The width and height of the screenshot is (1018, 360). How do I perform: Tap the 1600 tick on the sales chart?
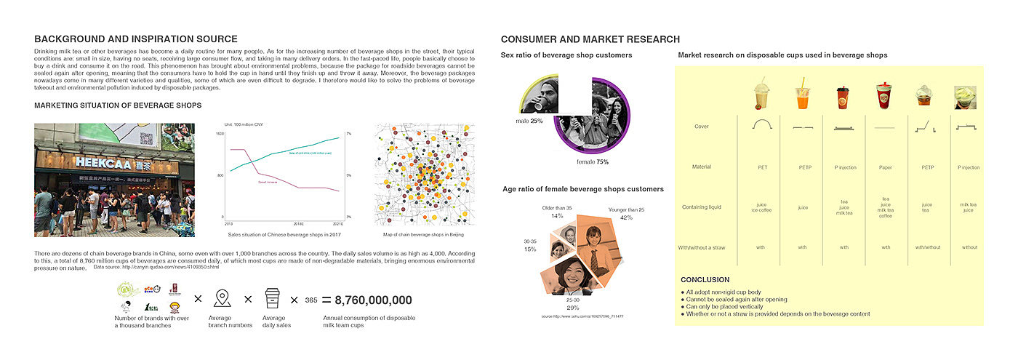220,135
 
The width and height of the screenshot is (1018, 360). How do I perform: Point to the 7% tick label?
348,135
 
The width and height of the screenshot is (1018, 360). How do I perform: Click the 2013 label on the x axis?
228,223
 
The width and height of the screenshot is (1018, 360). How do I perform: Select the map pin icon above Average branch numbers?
223,298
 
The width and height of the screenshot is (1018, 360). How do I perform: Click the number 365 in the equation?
310,300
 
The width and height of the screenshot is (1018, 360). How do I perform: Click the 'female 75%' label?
593,161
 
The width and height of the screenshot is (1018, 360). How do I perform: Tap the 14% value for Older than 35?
557,216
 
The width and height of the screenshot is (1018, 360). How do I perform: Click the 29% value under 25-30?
573,308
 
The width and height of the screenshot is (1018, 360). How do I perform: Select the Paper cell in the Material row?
885,167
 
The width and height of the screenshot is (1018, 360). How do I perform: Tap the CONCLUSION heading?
705,280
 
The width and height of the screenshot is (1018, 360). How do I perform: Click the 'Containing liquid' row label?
702,207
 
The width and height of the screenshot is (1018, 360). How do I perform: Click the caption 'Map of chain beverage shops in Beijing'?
424,235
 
